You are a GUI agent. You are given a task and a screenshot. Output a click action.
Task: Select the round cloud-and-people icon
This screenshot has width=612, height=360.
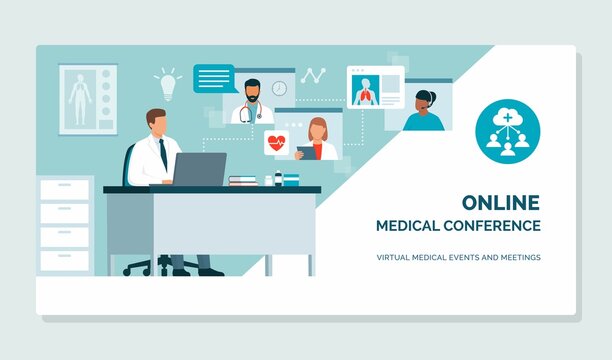pyautogui.click(x=508, y=131)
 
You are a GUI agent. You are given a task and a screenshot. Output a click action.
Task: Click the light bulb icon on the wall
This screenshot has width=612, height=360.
pyautogui.click(x=167, y=83)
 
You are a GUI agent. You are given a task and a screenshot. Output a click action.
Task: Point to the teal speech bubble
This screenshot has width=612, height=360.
pyautogui.click(x=213, y=78)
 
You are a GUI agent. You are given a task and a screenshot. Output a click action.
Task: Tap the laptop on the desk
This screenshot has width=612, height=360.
pyautogui.click(x=200, y=169)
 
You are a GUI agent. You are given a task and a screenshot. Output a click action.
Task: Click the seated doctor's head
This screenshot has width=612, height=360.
pyautogui.click(x=156, y=123)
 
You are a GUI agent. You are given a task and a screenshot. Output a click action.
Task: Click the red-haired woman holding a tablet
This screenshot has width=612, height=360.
pyautogui.click(x=317, y=138)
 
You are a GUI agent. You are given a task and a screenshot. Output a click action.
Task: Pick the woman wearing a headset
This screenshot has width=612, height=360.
pyautogui.click(x=424, y=110)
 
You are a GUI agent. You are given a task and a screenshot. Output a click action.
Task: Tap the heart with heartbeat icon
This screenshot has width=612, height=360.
pyautogui.click(x=276, y=142)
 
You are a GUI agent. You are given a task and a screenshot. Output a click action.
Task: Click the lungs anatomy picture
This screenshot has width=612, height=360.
pyautogui.click(x=363, y=91)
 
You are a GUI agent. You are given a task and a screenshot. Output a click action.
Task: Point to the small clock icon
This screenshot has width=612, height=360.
pyautogui.click(x=279, y=88)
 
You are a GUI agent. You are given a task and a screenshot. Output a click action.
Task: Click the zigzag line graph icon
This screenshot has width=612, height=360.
pyautogui.click(x=313, y=76)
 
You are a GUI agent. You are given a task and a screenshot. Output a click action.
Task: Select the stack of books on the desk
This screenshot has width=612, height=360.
pyautogui.click(x=243, y=180)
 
